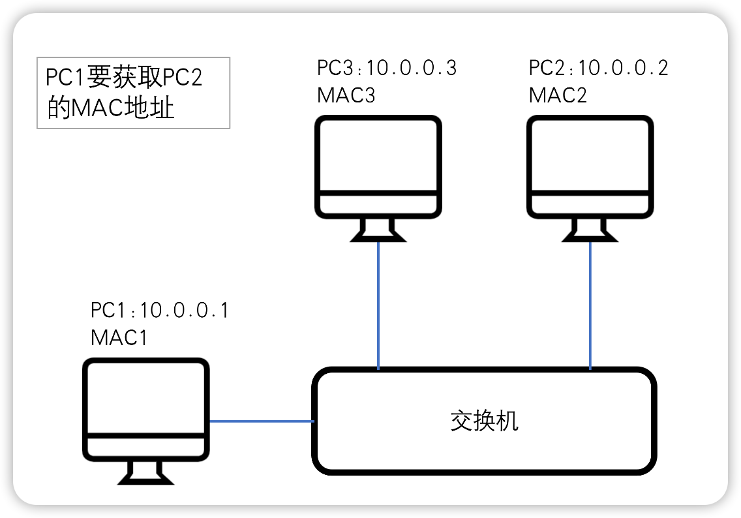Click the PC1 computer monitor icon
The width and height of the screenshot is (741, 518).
coord(146,411)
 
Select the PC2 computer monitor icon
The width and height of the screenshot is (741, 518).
coord(590,168)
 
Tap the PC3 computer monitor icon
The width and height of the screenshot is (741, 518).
coord(378,168)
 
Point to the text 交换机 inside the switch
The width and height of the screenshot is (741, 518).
coord(485,421)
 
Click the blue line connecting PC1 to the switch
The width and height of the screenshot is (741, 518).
coord(261,421)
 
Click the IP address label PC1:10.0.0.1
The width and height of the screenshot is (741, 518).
coord(160,311)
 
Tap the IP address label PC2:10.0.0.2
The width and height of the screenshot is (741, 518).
coord(598,68)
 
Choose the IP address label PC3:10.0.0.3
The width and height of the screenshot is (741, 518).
coord(387,68)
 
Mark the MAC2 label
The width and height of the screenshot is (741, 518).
coord(558,95)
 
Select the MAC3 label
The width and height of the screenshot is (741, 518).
coord(346,95)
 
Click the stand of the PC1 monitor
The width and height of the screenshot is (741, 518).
coord(146,473)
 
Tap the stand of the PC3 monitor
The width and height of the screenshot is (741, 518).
coord(378,230)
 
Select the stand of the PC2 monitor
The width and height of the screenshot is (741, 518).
coord(590,230)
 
